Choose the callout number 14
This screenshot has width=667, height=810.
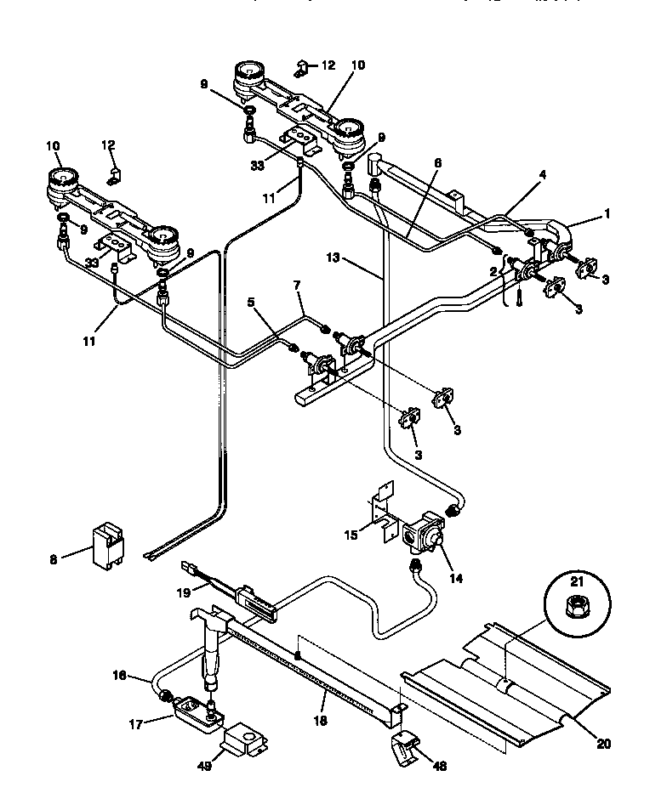tap(456, 578)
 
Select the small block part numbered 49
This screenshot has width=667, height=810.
tap(243, 740)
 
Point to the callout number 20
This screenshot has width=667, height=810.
tap(602, 744)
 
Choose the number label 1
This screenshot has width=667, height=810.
tap(607, 216)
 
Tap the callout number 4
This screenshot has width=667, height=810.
tap(543, 174)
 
